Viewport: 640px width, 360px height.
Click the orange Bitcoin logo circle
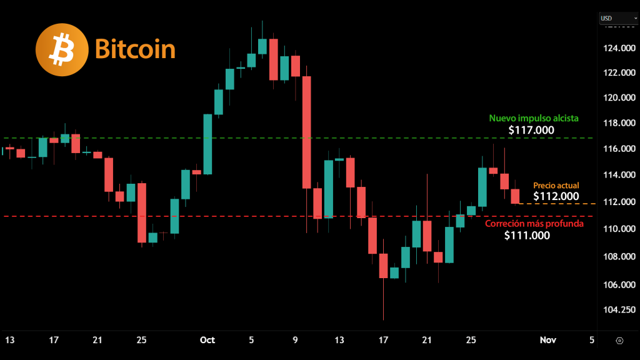pyautogui.click(x=62, y=49)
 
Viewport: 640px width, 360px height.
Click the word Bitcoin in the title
pyautogui.click(x=135, y=49)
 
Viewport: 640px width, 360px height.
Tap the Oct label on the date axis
pyautogui.click(x=207, y=340)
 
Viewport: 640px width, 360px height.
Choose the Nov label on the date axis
pyautogui.click(x=548, y=340)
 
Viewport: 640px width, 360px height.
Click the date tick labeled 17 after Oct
pyautogui.click(x=383, y=340)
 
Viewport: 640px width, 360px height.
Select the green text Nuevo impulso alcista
pyautogui.click(x=534, y=117)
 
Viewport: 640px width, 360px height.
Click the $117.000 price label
pyautogui.click(x=531, y=131)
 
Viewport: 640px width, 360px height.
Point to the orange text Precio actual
pyautogui.click(x=556, y=185)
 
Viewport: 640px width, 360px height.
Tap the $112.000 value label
pyautogui.click(x=556, y=196)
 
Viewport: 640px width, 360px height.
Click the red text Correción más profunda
pyautogui.click(x=534, y=223)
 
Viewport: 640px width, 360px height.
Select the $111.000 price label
pyautogui.click(x=527, y=236)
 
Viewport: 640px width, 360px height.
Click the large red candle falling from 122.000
pyautogui.click(x=307, y=132)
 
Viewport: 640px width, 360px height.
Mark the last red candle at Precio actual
pyautogui.click(x=515, y=196)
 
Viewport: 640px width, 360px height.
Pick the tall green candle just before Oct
pyautogui.click(x=207, y=144)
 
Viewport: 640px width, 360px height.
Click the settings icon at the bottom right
pyautogui.click(x=619, y=340)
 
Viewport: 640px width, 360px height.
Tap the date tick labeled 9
pyautogui.click(x=295, y=340)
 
